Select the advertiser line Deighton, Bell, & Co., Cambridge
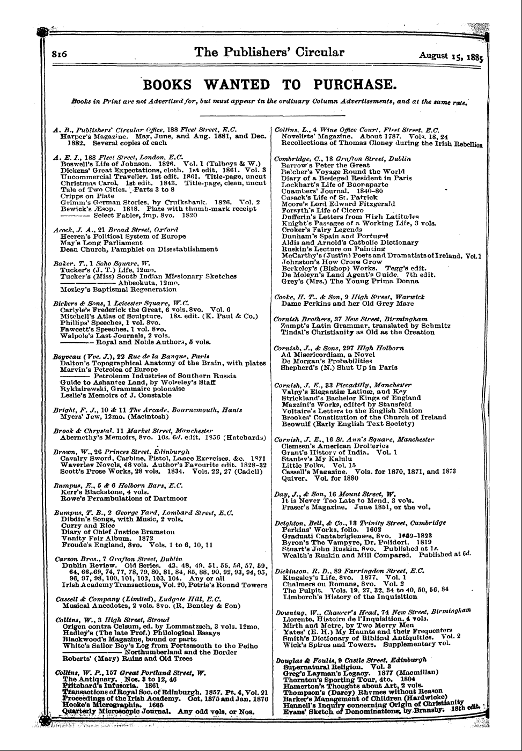tap(352, 522)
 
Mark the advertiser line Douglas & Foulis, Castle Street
tap(352, 660)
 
